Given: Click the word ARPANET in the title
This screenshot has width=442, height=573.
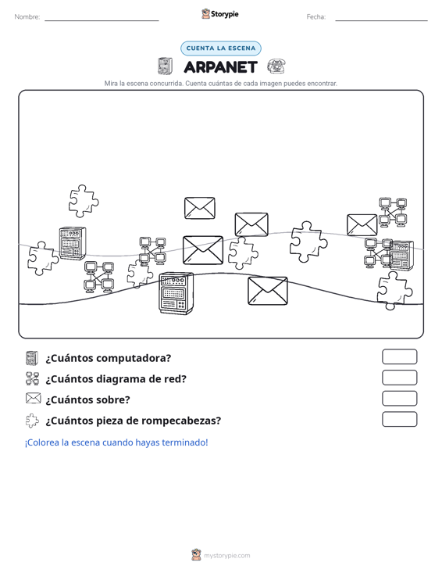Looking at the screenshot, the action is click(221, 67).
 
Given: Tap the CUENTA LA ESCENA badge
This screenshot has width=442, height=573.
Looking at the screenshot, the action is click(221, 48).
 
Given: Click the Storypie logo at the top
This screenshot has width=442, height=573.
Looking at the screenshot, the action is click(219, 14).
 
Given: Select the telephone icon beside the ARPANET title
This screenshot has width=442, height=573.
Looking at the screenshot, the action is click(276, 66).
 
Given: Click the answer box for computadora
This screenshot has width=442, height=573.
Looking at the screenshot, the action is click(399, 356).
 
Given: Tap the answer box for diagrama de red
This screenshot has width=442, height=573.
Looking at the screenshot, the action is click(399, 378).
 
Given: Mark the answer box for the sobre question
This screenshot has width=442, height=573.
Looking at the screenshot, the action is click(399, 399).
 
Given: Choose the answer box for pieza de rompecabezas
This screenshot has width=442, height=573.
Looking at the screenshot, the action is click(399, 419).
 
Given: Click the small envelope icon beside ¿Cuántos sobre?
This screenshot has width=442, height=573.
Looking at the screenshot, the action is click(34, 399).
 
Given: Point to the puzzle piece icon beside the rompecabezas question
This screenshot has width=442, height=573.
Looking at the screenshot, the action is click(32, 421).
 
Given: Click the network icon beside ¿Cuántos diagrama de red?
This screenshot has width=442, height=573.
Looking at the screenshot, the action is click(33, 378).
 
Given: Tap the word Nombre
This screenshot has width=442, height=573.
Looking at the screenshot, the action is click(27, 17).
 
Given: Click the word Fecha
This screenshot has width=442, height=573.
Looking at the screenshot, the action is click(316, 17).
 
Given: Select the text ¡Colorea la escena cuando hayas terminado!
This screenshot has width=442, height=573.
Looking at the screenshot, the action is click(116, 442).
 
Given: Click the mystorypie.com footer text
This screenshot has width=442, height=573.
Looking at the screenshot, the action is click(227, 556).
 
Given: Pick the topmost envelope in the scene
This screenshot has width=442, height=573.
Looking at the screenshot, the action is click(200, 208).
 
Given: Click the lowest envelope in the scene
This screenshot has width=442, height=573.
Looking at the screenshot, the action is click(268, 291).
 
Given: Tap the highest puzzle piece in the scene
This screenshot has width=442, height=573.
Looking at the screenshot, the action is click(84, 201).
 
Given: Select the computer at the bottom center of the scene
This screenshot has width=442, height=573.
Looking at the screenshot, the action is click(176, 293).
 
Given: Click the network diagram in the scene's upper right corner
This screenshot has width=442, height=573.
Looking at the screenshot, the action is click(393, 213).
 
